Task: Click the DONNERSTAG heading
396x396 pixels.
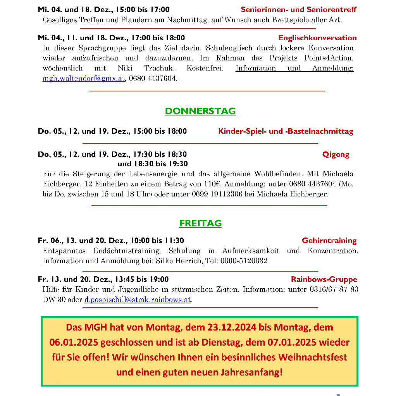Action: (200, 111)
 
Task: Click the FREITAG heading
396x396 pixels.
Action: (200, 224)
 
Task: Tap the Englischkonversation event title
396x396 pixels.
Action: (317, 38)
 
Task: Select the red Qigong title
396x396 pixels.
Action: (336, 155)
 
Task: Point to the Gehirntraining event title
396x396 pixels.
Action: (329, 241)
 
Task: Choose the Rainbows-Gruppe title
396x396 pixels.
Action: (324, 279)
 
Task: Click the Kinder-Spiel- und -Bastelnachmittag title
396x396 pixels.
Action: (286, 131)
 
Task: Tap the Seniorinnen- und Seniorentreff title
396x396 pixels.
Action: (298, 10)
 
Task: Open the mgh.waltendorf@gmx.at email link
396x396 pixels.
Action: (84, 78)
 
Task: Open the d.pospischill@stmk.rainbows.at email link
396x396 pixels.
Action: (138, 300)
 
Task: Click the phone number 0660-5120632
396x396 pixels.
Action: (244, 261)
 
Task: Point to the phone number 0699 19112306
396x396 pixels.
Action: (217, 194)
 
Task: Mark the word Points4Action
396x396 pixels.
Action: (331, 58)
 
